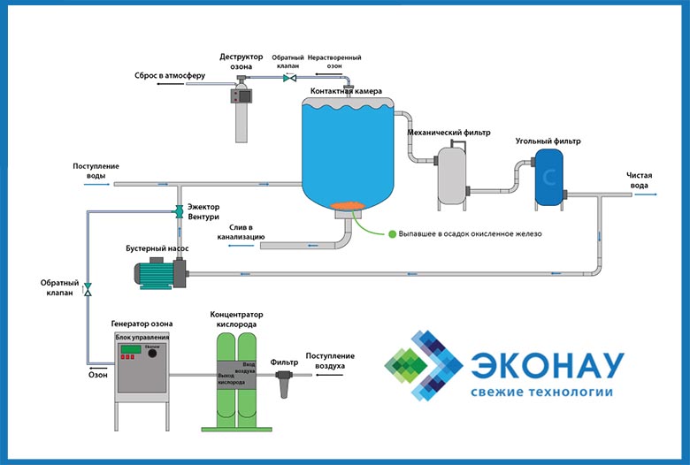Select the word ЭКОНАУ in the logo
coord(548,365)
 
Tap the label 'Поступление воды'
coord(96,171)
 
